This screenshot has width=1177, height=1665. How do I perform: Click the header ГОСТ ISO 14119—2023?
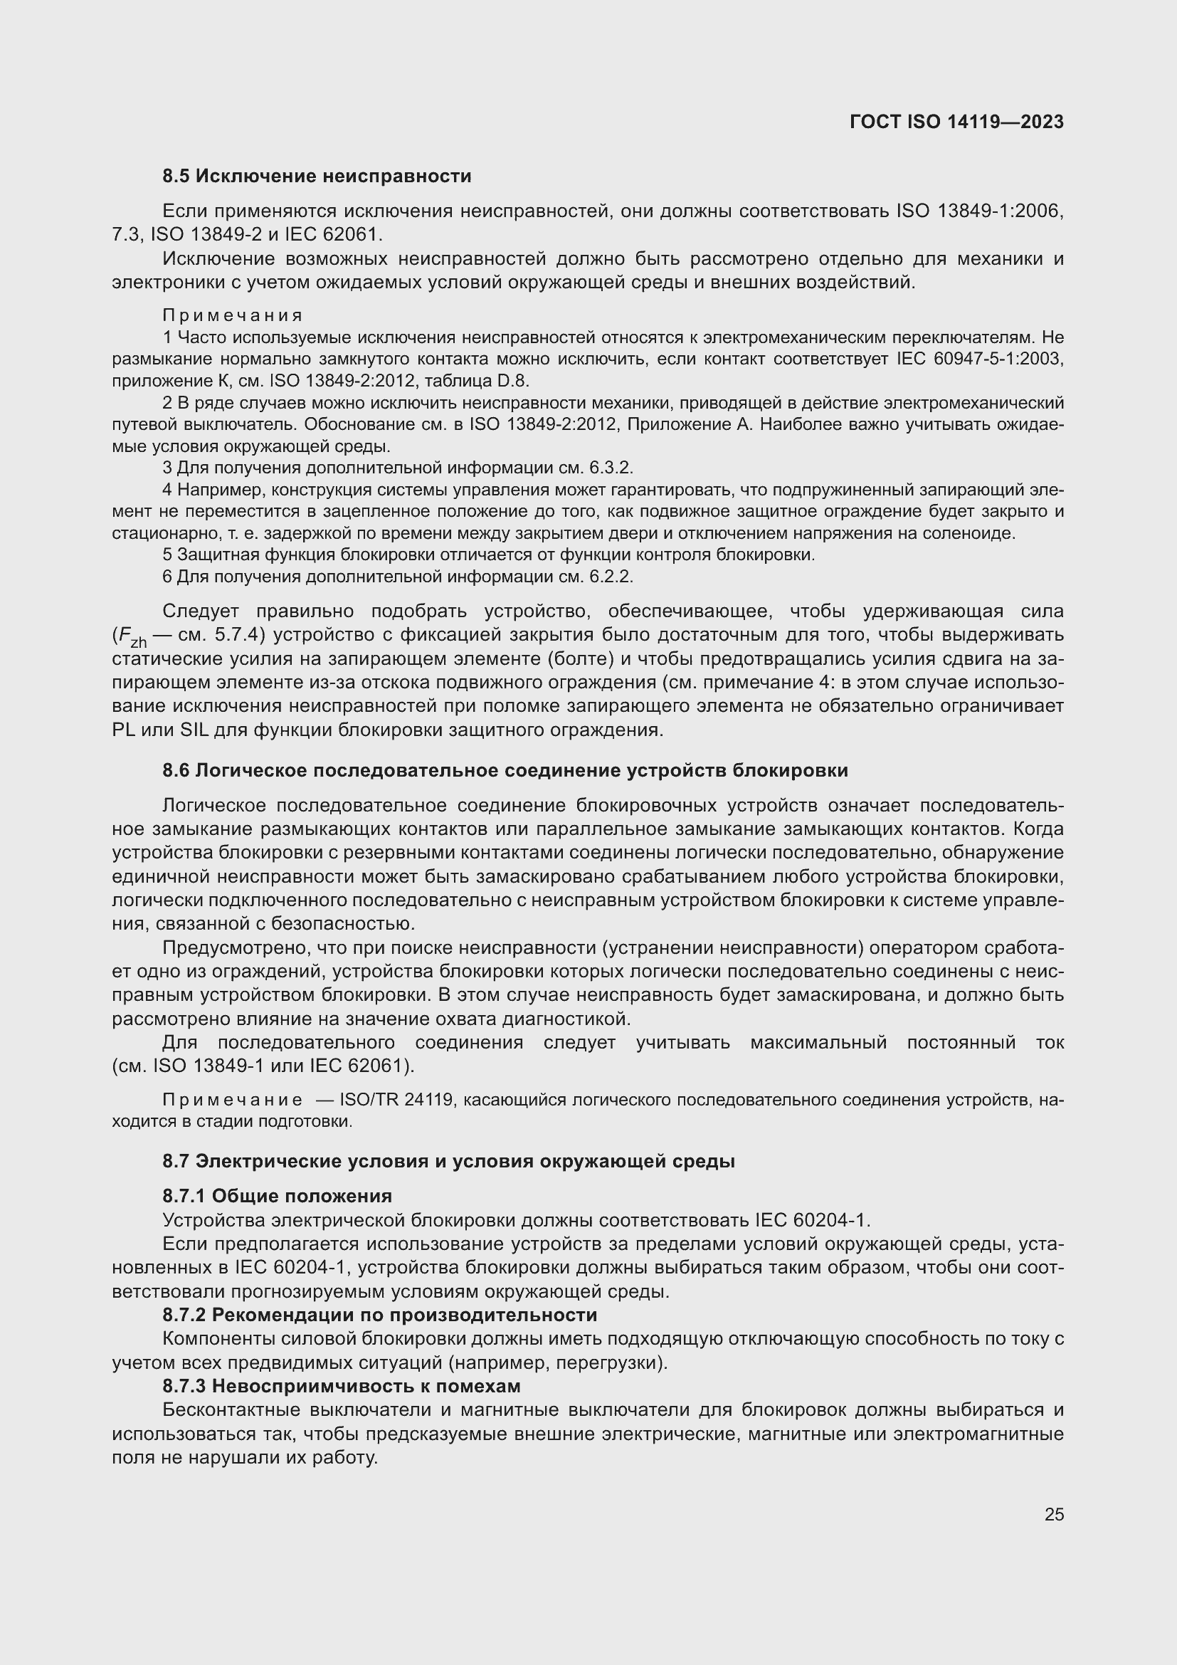956,122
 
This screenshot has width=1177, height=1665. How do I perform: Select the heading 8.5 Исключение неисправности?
317,177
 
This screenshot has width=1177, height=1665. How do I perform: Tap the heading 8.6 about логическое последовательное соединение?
505,770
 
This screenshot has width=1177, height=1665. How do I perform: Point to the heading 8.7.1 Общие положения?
277,1196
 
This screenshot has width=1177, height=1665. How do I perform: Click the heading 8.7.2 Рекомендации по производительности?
380,1315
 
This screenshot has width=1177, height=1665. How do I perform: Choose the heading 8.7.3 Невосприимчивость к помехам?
342,1386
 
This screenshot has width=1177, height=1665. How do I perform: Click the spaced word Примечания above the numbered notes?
232,315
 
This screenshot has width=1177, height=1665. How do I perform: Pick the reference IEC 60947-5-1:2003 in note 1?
979,359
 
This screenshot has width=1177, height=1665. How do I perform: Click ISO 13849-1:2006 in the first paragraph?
979,211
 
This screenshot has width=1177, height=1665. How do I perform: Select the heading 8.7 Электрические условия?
448,1161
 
